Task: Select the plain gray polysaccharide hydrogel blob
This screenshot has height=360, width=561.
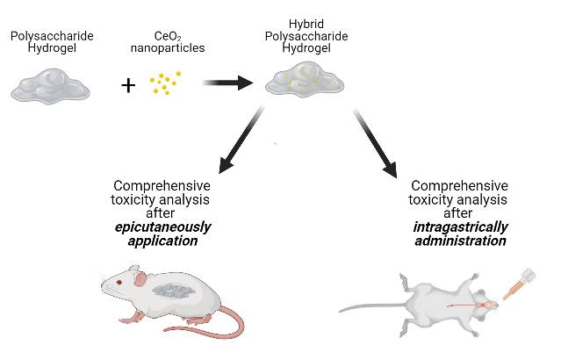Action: point(49,85)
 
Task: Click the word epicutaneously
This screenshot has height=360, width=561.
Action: point(162,227)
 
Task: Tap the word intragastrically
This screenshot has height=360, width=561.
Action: point(460,227)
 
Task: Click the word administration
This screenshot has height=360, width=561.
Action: point(460,241)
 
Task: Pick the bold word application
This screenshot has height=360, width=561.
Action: point(162,241)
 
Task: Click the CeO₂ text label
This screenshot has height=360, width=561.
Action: point(166,36)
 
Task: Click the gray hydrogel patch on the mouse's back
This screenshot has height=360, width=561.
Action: point(175,291)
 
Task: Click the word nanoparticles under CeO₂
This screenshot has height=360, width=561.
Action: point(166,47)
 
